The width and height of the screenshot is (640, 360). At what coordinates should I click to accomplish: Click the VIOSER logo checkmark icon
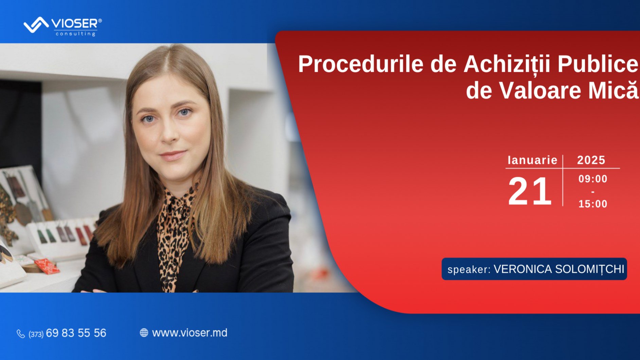(x=36, y=25)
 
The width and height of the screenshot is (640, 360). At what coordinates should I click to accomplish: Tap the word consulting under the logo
(x=75, y=34)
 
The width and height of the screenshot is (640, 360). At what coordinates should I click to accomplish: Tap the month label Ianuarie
(x=532, y=160)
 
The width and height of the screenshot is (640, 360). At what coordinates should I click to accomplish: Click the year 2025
(x=591, y=160)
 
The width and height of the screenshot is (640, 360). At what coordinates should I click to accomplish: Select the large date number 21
(x=530, y=191)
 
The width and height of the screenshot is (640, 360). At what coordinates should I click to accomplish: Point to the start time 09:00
(x=593, y=179)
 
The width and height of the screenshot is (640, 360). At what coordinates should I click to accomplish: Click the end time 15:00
(x=593, y=204)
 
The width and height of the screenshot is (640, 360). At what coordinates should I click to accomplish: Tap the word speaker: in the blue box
(x=469, y=269)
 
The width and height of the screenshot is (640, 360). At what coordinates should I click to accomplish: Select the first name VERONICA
(x=522, y=269)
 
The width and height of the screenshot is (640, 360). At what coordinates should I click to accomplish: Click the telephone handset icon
(x=21, y=334)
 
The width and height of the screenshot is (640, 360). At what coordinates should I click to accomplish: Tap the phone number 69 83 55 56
(x=76, y=333)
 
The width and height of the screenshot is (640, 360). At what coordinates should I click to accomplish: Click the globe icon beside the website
(x=144, y=333)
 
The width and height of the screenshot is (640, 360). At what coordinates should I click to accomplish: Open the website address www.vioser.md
(x=190, y=333)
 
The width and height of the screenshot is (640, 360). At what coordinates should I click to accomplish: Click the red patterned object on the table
(x=47, y=266)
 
